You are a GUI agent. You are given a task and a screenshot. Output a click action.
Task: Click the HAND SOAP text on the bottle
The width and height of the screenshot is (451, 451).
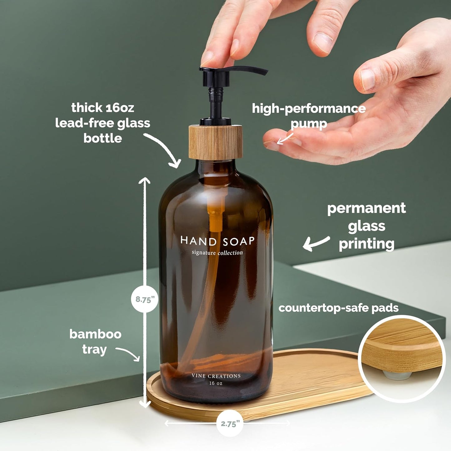[218, 241]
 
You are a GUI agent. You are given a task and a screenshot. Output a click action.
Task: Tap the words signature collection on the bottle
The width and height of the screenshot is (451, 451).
[217, 252]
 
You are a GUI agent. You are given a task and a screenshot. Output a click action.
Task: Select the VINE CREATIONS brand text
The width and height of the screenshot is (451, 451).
[216, 376]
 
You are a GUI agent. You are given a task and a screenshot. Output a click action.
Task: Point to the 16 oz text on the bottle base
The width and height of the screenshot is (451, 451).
[216, 383]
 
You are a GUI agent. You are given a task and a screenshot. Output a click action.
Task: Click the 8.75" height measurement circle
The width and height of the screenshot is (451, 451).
[144, 299]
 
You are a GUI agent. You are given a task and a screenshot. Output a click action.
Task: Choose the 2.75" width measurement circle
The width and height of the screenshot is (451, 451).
[230, 424]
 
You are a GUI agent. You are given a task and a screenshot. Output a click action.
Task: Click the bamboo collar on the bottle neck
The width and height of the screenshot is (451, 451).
[215, 142]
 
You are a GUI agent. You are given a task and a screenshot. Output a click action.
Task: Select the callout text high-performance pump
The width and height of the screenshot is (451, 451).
[309, 115]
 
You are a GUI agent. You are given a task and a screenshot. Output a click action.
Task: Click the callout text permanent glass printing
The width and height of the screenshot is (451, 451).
[366, 226]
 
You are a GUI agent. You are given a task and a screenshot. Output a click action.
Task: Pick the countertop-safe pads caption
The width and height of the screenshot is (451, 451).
[338, 308]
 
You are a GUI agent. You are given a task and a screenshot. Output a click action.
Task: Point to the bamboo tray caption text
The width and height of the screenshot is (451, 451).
[95, 341]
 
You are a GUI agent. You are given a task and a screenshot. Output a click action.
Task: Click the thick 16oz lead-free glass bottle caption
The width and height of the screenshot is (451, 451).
[103, 123]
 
